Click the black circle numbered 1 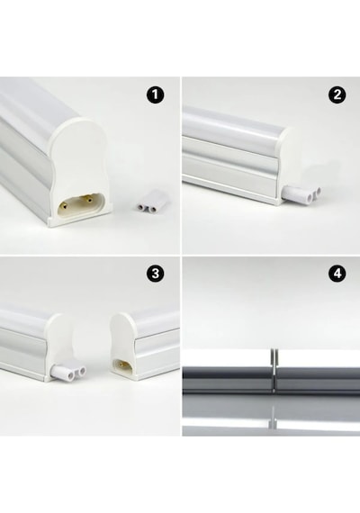155,94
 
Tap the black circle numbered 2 337,94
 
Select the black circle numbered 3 155,274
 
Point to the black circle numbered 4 337,274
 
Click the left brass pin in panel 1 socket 66,206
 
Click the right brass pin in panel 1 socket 87,198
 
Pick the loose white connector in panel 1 147,205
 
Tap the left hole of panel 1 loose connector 142,208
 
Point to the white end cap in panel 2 289,164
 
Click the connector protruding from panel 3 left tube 68,372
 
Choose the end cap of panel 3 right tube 122,346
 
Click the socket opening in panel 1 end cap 81,204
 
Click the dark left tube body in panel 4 227,380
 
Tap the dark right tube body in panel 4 318,380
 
